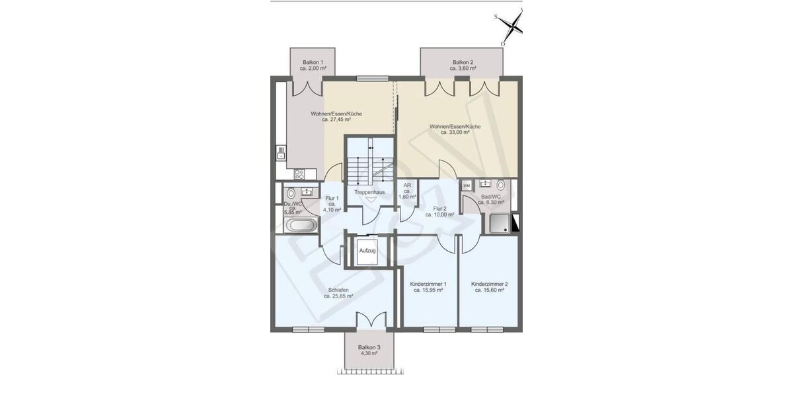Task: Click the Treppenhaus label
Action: (x=369, y=192)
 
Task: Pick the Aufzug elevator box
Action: (x=367, y=251)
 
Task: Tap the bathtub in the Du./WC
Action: (x=300, y=225)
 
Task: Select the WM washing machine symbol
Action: (x=466, y=185)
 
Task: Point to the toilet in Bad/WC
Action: (x=500, y=185)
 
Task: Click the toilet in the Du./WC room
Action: (x=290, y=194)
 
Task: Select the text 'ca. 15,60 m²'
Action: (x=489, y=290)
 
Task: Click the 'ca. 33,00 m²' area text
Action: (x=455, y=132)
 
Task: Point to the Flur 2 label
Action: (x=439, y=209)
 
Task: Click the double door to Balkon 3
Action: (x=369, y=319)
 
